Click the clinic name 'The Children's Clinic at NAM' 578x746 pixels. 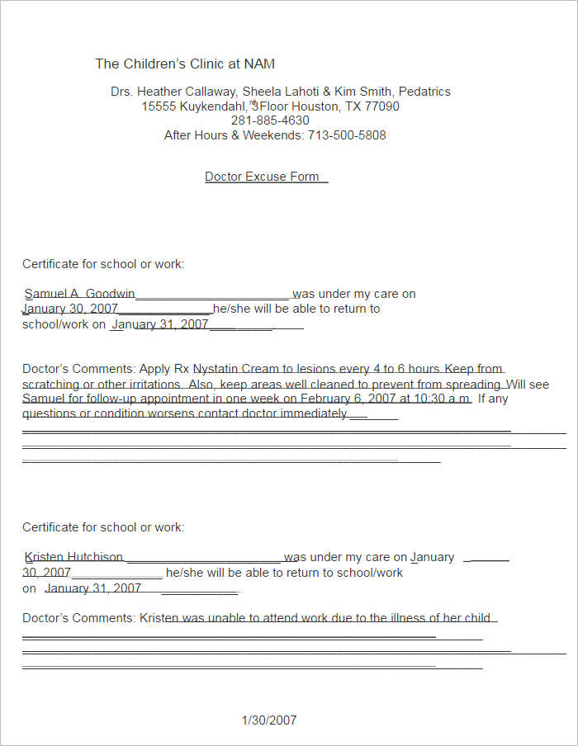(x=185, y=64)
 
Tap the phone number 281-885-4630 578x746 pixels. (x=270, y=120)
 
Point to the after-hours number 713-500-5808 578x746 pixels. (x=347, y=135)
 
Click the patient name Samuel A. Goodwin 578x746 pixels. (x=79, y=294)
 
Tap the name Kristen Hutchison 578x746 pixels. (x=73, y=557)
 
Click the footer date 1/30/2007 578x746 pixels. (x=269, y=720)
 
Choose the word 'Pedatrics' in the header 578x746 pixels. (x=424, y=92)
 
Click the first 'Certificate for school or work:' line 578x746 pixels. (x=103, y=264)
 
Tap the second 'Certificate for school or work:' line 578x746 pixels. (x=103, y=527)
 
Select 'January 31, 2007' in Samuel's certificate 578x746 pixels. (x=160, y=324)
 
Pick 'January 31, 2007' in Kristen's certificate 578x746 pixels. (x=93, y=588)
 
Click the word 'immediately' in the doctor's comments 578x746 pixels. (x=314, y=413)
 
